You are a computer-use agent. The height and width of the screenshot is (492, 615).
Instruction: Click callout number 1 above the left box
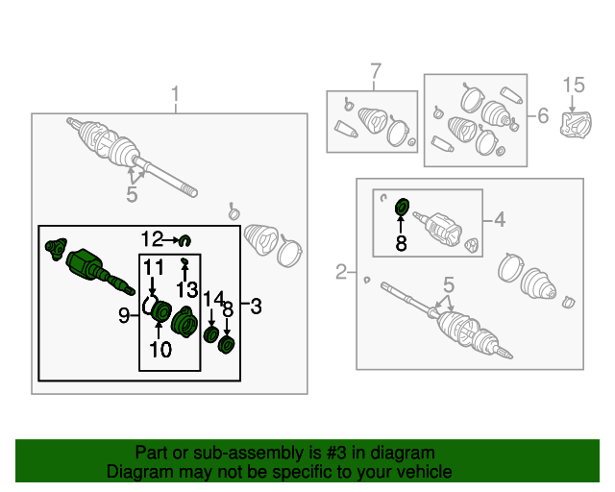pos(176,94)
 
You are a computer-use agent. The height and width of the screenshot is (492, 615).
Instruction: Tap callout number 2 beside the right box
pos(342,273)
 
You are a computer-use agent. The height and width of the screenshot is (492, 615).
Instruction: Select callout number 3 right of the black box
pos(256,306)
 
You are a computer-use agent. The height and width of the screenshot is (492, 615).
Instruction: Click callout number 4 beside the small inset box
pos(500,220)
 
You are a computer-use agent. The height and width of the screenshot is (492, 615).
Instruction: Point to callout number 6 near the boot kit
pos(543,116)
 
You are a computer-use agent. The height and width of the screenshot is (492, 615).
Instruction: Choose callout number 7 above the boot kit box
pos(376,71)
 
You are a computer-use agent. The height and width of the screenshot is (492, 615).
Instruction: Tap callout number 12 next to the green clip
pos(152,238)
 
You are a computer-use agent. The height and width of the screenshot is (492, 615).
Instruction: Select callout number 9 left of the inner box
pos(124,314)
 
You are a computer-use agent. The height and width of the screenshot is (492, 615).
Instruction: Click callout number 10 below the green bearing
pos(160,350)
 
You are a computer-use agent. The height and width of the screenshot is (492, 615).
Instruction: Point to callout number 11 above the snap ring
pos(154,266)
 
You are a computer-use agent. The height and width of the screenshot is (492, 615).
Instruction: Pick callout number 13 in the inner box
pos(185,287)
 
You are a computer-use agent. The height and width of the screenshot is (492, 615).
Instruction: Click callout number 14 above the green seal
pos(213,299)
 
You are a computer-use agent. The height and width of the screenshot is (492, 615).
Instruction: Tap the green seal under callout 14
pos(211,335)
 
